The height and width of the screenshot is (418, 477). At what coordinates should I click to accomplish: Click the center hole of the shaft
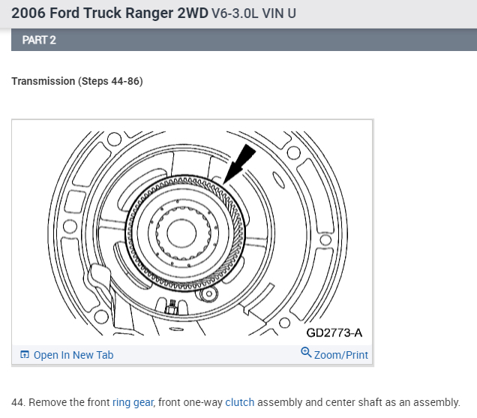(181, 232)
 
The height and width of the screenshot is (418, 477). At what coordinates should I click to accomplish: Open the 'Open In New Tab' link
(73, 355)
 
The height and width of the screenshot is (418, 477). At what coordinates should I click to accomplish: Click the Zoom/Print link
(341, 354)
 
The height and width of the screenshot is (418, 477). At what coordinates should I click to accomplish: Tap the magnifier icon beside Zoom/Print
(306, 353)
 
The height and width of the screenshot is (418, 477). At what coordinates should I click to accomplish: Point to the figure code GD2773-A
(334, 332)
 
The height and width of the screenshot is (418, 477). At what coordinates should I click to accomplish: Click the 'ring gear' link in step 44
(133, 402)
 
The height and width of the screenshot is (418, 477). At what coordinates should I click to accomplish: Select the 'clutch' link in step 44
(240, 402)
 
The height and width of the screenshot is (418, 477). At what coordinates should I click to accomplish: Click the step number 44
(17, 402)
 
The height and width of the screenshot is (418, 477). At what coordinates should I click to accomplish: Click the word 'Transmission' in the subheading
(43, 81)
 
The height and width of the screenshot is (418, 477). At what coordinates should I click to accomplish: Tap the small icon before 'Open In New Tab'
(25, 355)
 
